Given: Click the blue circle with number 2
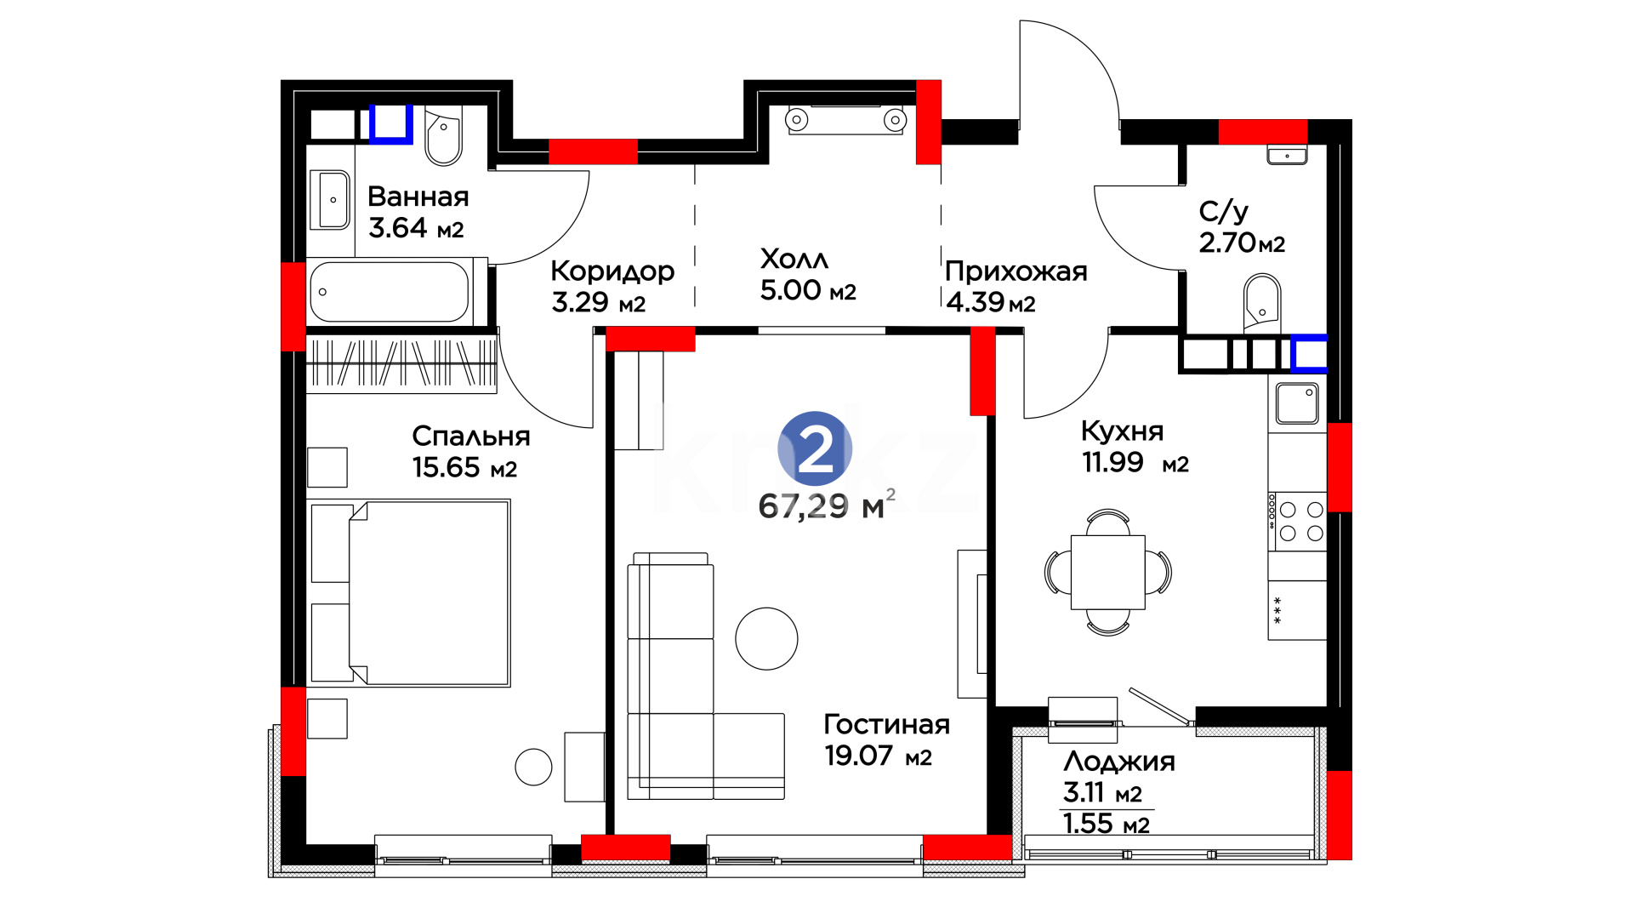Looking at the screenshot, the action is (815, 448).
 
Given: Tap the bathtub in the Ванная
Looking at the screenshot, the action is (390, 291).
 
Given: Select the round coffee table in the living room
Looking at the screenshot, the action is (766, 638).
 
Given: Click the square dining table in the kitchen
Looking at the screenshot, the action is (1107, 572).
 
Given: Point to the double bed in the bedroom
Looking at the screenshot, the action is (411, 593).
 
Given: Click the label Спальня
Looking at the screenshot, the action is (471, 437).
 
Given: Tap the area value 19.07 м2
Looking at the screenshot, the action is (879, 756).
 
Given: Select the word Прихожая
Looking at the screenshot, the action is (1016, 271).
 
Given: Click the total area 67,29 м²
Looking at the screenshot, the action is (826, 505).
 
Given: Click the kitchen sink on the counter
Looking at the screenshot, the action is (1297, 402).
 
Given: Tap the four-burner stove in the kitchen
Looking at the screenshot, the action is (1297, 522).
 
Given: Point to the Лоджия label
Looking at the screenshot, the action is (1119, 762).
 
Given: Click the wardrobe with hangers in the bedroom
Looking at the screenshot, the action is (401, 363).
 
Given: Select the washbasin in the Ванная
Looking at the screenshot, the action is (332, 200).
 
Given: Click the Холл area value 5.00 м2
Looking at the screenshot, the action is (808, 290).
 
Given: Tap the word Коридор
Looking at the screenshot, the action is (612, 271).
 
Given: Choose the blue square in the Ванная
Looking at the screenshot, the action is (391, 124).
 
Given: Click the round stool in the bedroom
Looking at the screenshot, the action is (533, 767).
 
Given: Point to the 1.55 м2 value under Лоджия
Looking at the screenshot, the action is (1106, 824).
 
